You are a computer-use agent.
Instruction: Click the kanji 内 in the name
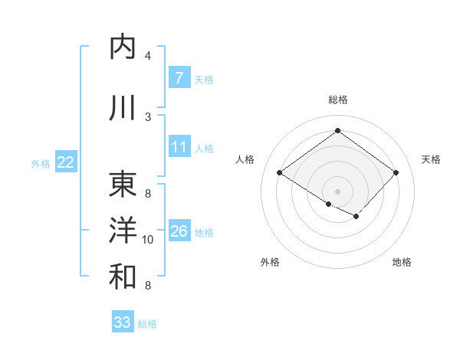click(123, 47)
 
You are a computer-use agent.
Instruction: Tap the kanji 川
click(123, 108)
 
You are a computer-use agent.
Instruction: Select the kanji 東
click(123, 185)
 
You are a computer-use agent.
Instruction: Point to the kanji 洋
click(123, 231)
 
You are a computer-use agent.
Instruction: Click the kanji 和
click(123, 277)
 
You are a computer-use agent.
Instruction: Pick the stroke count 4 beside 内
click(148, 56)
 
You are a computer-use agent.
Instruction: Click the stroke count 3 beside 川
click(148, 116)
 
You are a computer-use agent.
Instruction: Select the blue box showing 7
click(179, 78)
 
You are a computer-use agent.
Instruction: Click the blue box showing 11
click(179, 147)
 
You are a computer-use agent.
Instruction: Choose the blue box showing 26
click(179, 231)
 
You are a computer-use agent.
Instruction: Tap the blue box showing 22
click(66, 162)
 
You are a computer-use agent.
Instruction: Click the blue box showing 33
click(123, 322)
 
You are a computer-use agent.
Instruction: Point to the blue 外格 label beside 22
click(41, 163)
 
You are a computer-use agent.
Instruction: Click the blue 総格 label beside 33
click(147, 324)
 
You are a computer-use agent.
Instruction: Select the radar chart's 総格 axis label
click(337, 100)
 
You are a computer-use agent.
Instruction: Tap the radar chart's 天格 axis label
click(431, 159)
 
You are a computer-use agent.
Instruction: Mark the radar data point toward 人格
click(280, 173)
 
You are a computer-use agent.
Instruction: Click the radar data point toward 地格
click(356, 217)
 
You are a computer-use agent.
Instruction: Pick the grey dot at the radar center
click(337, 191)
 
